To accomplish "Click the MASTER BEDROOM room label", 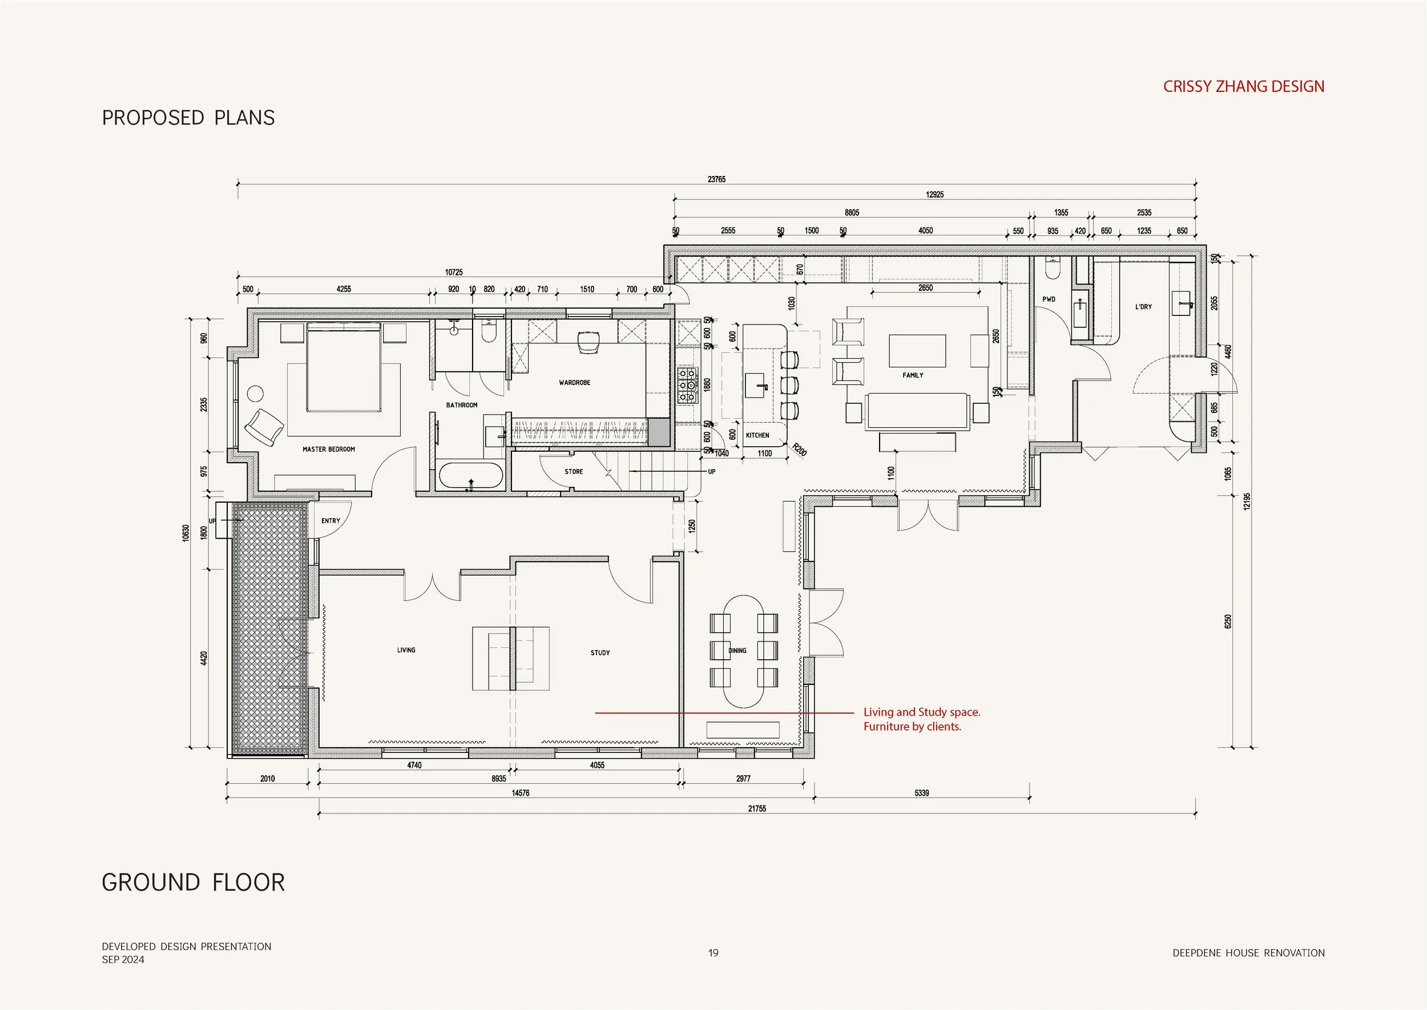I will tap(328, 449).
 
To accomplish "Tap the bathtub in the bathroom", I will tap(470, 476).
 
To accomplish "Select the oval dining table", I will tap(744, 651).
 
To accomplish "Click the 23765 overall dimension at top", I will tap(716, 179).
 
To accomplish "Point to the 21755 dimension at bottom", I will tap(756, 808).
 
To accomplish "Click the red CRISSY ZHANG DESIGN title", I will tap(1243, 86).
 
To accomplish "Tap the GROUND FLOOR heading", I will tap(193, 883).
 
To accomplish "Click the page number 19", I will tap(713, 953).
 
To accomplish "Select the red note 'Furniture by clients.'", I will tap(912, 727).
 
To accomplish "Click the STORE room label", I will tap(573, 471).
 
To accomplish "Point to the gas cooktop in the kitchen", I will tap(687, 385).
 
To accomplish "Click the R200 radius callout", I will tap(799, 449).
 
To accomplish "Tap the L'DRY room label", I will tap(1143, 307).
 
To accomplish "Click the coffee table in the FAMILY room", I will tap(917, 351).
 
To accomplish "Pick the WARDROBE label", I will tap(574, 383).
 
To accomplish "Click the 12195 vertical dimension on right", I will tap(1245, 501).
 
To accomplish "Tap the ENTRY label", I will tap(330, 520).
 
